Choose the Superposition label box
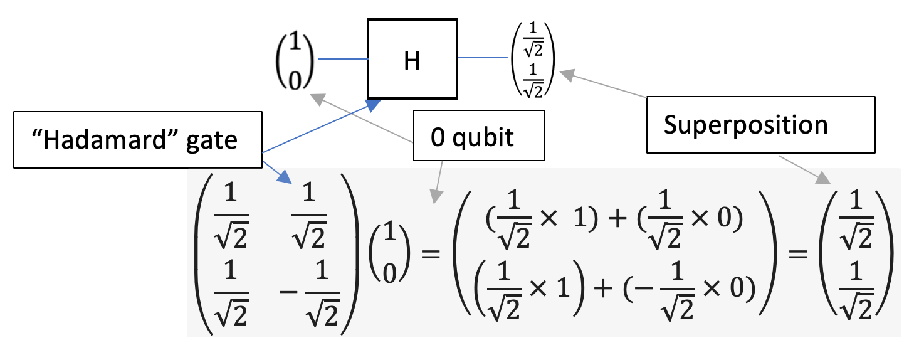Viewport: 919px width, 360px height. [760, 125]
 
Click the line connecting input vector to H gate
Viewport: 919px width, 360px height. [343, 59]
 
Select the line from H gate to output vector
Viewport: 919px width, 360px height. [483, 58]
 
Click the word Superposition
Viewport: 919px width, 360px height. [745, 125]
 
